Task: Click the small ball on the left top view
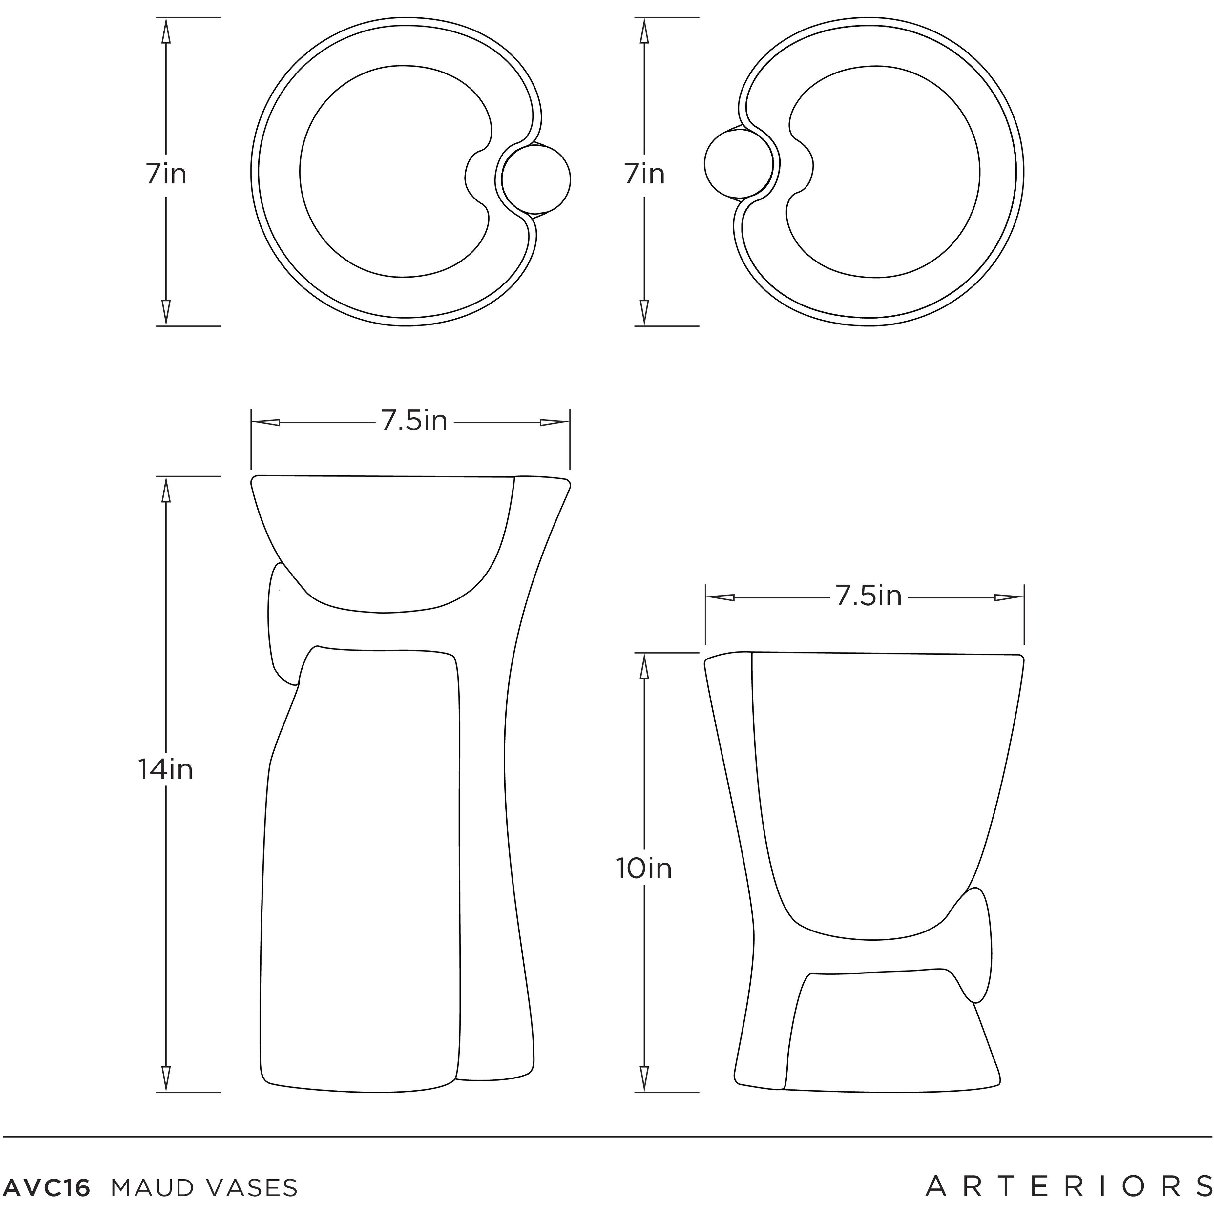coord(536,180)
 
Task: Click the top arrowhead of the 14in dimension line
coord(166,490)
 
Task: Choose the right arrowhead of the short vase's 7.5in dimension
coord(1009,597)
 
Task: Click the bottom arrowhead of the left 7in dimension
coord(166,312)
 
